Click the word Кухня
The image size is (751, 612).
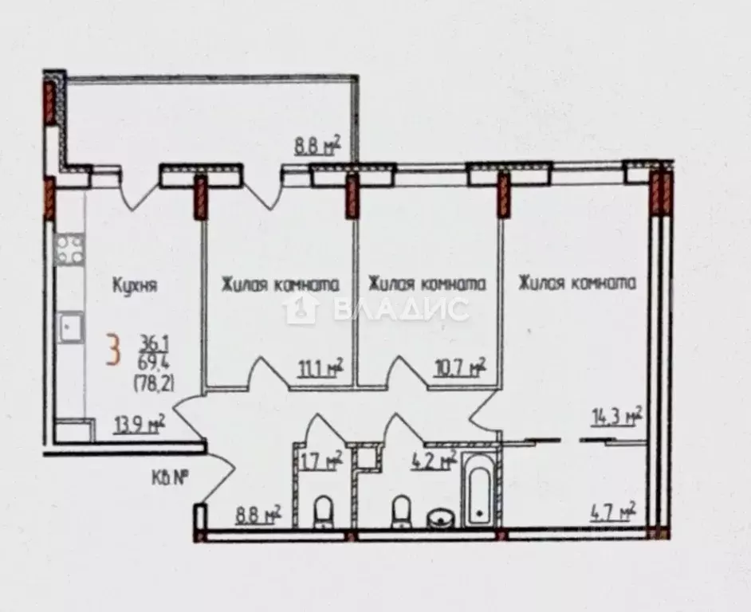click(135, 284)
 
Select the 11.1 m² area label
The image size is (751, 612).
click(320, 367)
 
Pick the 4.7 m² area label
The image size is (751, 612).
click(616, 510)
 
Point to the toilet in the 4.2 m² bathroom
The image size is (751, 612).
click(401, 511)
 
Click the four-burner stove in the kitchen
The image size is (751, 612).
click(69, 249)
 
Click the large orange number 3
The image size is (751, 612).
click(116, 350)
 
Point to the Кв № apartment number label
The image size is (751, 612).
click(169, 478)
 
